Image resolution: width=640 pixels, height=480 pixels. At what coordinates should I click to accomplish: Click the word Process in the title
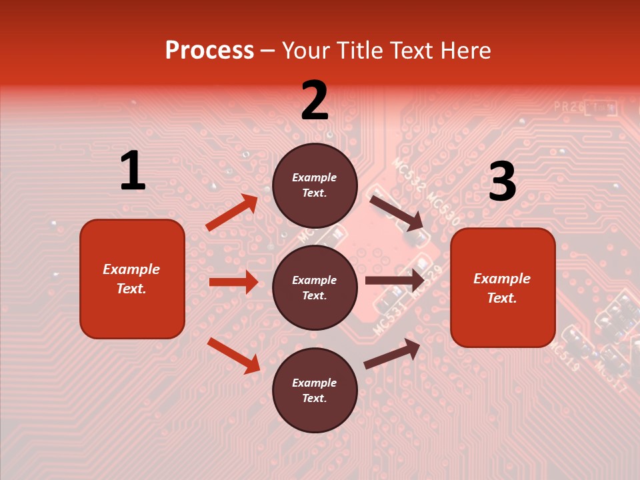[x=209, y=50]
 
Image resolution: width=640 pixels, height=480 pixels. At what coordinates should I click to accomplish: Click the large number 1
[x=133, y=171]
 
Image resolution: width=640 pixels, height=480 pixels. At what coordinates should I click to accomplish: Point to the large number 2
[x=315, y=101]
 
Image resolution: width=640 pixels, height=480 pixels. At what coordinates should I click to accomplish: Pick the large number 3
[x=502, y=181]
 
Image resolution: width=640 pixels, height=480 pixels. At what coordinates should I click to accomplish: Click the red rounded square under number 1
[x=132, y=279]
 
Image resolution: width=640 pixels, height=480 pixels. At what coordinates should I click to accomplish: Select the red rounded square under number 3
[x=503, y=287]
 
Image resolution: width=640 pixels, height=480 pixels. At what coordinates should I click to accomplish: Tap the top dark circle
[x=315, y=185]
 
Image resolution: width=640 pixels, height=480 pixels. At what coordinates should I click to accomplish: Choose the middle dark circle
[x=315, y=287]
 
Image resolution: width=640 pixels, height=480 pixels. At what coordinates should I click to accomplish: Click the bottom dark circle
[x=315, y=390]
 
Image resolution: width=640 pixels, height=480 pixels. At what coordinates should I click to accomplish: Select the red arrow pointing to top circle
[x=232, y=212]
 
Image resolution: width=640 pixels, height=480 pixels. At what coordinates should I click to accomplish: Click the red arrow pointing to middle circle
[x=233, y=282]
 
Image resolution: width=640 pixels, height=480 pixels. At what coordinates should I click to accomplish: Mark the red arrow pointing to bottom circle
[x=233, y=355]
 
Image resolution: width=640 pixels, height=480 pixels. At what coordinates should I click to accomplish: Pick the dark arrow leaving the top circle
[x=397, y=213]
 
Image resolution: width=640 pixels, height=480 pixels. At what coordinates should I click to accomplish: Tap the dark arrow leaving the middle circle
[x=395, y=281]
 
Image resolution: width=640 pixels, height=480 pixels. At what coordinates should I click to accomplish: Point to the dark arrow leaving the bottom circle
[x=392, y=353]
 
